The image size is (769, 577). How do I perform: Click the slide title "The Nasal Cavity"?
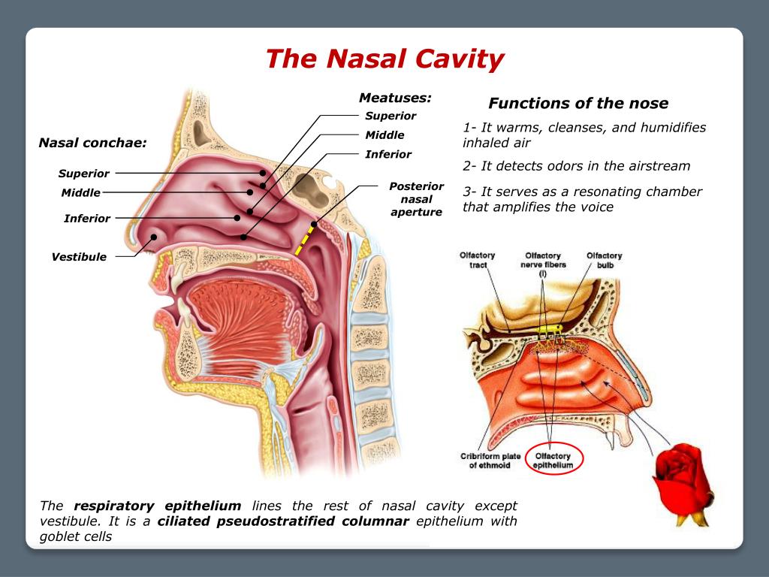384,59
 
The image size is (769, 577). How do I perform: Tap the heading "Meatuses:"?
395,98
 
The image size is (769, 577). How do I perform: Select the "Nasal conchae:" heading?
92,143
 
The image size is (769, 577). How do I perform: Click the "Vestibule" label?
79,257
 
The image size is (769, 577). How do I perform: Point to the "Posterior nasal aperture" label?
416,199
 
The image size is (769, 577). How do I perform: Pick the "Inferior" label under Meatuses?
388,154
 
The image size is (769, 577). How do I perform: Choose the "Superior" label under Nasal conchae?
84,174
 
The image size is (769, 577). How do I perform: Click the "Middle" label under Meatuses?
384,135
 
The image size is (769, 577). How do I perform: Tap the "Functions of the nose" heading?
578,103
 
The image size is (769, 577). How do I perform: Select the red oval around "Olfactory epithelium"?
553,461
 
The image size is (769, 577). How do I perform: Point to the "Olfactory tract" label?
478,261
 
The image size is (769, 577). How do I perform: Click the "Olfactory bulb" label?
604,261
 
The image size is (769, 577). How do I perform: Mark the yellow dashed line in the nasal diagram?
304,240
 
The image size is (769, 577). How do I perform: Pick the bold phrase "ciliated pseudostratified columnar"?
283,521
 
